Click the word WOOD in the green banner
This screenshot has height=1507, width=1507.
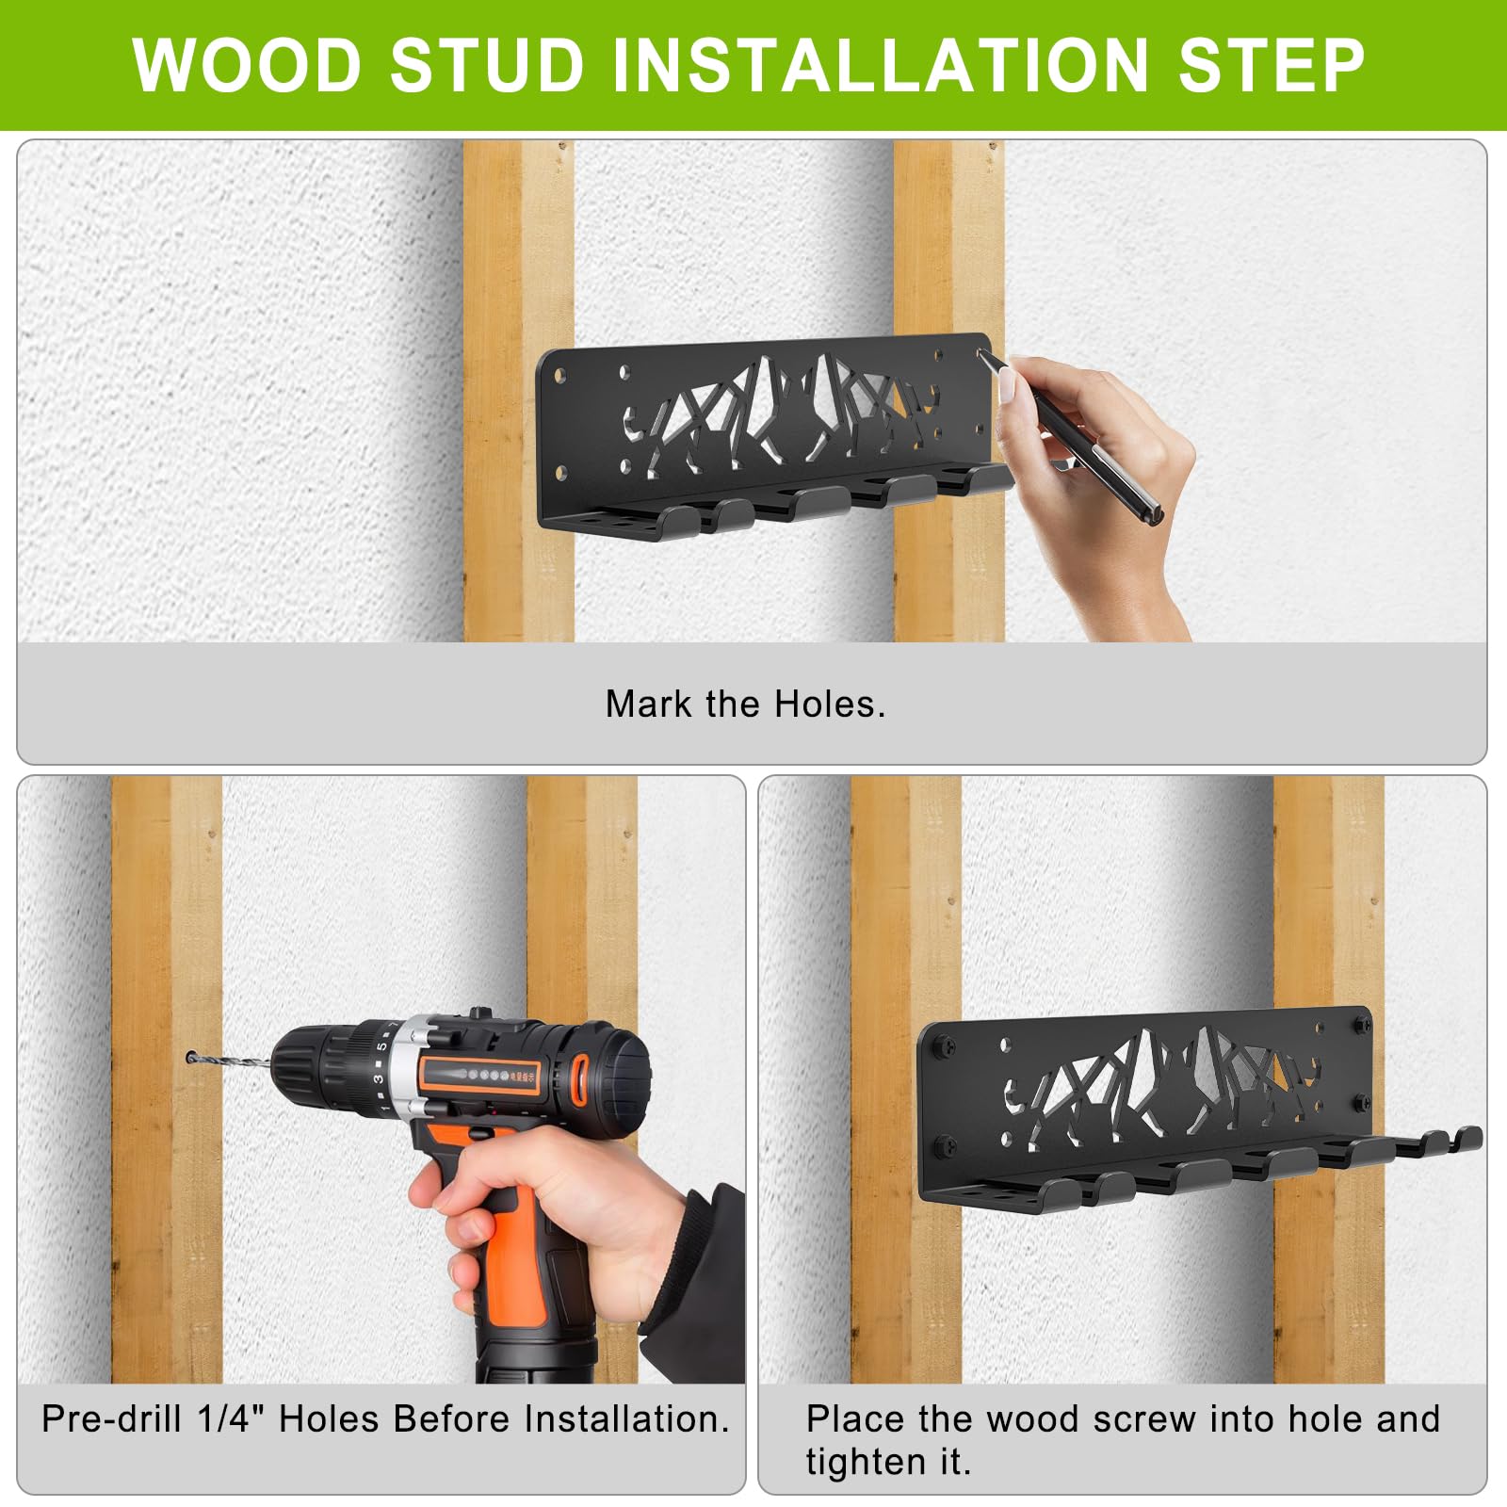(247, 65)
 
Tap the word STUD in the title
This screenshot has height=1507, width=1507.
(487, 65)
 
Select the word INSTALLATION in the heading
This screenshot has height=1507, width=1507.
(881, 65)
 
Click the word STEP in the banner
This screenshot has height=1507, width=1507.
(1272, 65)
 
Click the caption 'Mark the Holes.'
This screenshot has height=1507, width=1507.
(746, 705)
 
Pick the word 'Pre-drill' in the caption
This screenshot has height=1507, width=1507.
(111, 1418)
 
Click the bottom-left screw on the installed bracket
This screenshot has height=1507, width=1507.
(947, 1146)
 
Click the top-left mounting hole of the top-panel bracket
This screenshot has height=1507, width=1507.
(560, 376)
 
